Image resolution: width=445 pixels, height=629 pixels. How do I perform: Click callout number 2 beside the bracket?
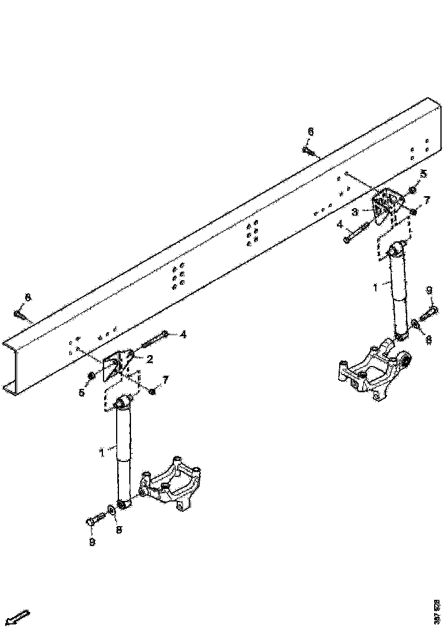coord(149,359)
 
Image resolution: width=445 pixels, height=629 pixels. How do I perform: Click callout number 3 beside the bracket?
coord(355,212)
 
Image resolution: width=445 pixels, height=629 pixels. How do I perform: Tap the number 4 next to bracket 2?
coord(182,335)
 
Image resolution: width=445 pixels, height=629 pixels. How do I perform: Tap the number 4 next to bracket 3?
coord(339,224)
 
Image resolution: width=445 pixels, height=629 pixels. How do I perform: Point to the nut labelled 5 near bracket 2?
coord(91,376)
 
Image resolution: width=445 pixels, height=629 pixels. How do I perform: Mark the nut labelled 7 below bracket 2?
coord(152,391)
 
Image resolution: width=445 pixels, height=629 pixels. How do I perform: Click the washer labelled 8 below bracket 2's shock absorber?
coord(110,508)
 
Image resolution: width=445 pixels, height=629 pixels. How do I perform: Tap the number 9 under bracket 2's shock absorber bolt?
coord(92,541)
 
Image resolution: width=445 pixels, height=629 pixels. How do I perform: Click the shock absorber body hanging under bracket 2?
coord(124,452)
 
